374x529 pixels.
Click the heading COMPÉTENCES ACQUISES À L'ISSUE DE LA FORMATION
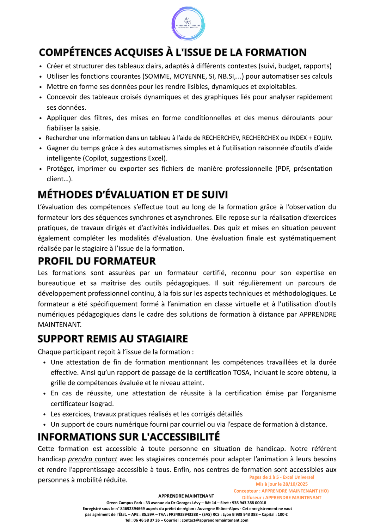pyautogui.click(x=173, y=53)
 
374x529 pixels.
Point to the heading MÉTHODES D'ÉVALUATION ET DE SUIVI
pyautogui.click(x=133, y=195)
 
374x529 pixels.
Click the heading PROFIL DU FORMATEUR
pyautogui.click(x=97, y=261)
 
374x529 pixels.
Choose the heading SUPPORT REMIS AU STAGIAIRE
pyautogui.click(x=113, y=339)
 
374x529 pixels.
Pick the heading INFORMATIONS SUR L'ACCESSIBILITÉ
pyautogui.click(x=129, y=437)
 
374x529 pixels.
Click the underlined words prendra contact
pyautogui.click(x=92, y=459)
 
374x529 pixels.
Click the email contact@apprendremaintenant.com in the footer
pyautogui.click(x=215, y=520)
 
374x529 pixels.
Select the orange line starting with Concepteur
pyautogui.click(x=281, y=491)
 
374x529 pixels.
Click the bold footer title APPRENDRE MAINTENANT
pyautogui.click(x=186, y=496)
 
